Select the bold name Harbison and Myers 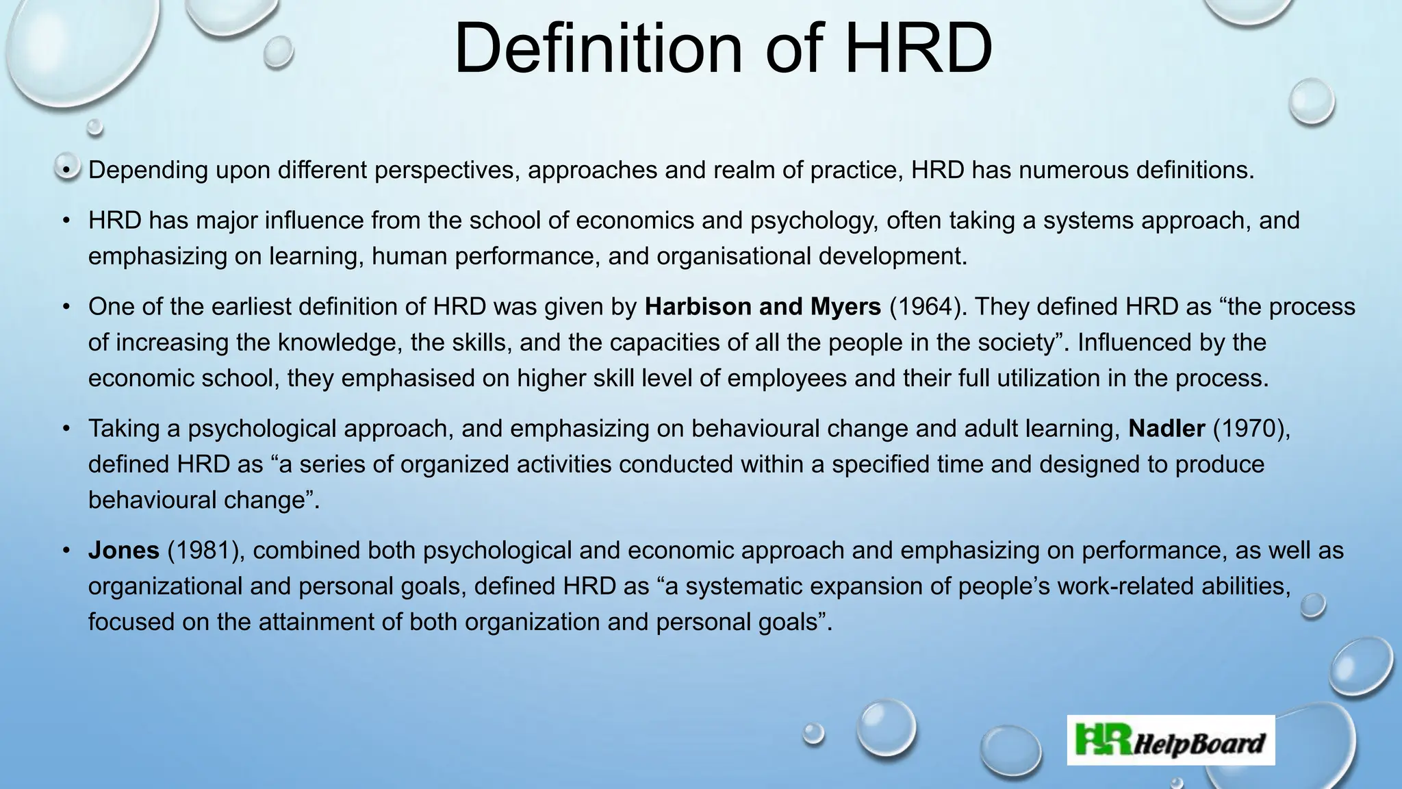[x=763, y=307]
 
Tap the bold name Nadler [x=1166, y=429]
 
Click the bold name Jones [x=124, y=551]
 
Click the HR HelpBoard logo [x=1171, y=740]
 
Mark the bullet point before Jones [x=66, y=551]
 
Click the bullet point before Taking [x=66, y=429]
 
